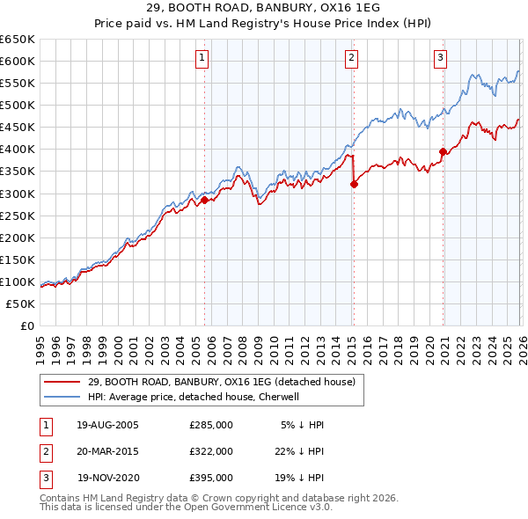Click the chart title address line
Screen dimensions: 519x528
[x=264, y=8]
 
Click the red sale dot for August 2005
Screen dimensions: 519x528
[x=205, y=200]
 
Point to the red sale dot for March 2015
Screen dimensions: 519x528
[x=354, y=184]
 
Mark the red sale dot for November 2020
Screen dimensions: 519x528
[x=443, y=151]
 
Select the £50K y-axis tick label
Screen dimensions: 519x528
[x=20, y=303]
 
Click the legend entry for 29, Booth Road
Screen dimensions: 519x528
[x=221, y=382]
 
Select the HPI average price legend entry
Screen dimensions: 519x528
[x=194, y=397]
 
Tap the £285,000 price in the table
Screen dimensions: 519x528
[x=211, y=425]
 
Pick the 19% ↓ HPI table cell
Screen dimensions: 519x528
[x=303, y=478]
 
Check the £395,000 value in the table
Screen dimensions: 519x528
[x=211, y=478]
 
